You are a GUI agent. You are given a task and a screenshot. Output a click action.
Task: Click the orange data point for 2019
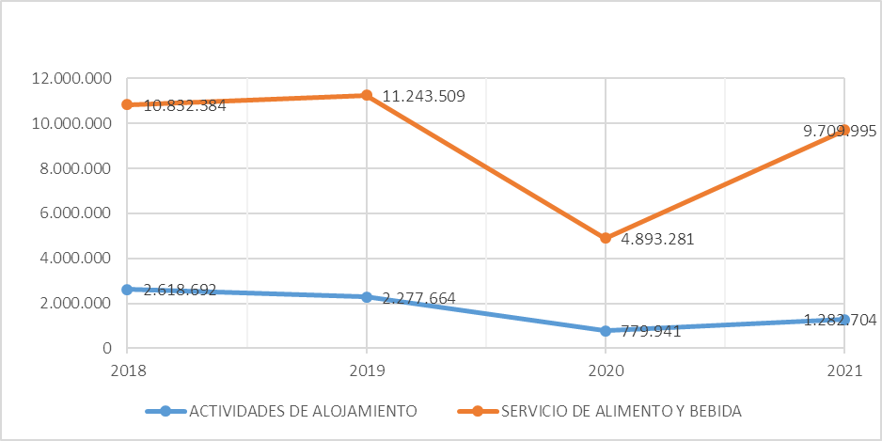point(366,95)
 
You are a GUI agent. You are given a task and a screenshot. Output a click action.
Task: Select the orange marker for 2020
point(606,238)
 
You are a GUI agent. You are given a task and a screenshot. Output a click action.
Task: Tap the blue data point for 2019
point(366,297)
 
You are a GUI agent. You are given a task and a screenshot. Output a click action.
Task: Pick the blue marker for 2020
point(606,331)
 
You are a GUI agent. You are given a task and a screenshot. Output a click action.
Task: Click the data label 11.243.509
point(423,96)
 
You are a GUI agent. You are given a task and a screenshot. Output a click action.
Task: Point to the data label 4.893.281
point(657,239)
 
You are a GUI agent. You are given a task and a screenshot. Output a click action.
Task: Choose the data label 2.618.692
point(180,291)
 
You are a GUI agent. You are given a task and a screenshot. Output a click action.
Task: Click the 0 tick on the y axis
point(106,349)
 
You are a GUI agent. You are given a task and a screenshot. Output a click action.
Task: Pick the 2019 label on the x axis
point(366,371)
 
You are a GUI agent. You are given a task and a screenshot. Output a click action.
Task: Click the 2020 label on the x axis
point(606,371)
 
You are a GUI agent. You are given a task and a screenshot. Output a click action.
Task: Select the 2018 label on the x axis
point(127,371)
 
